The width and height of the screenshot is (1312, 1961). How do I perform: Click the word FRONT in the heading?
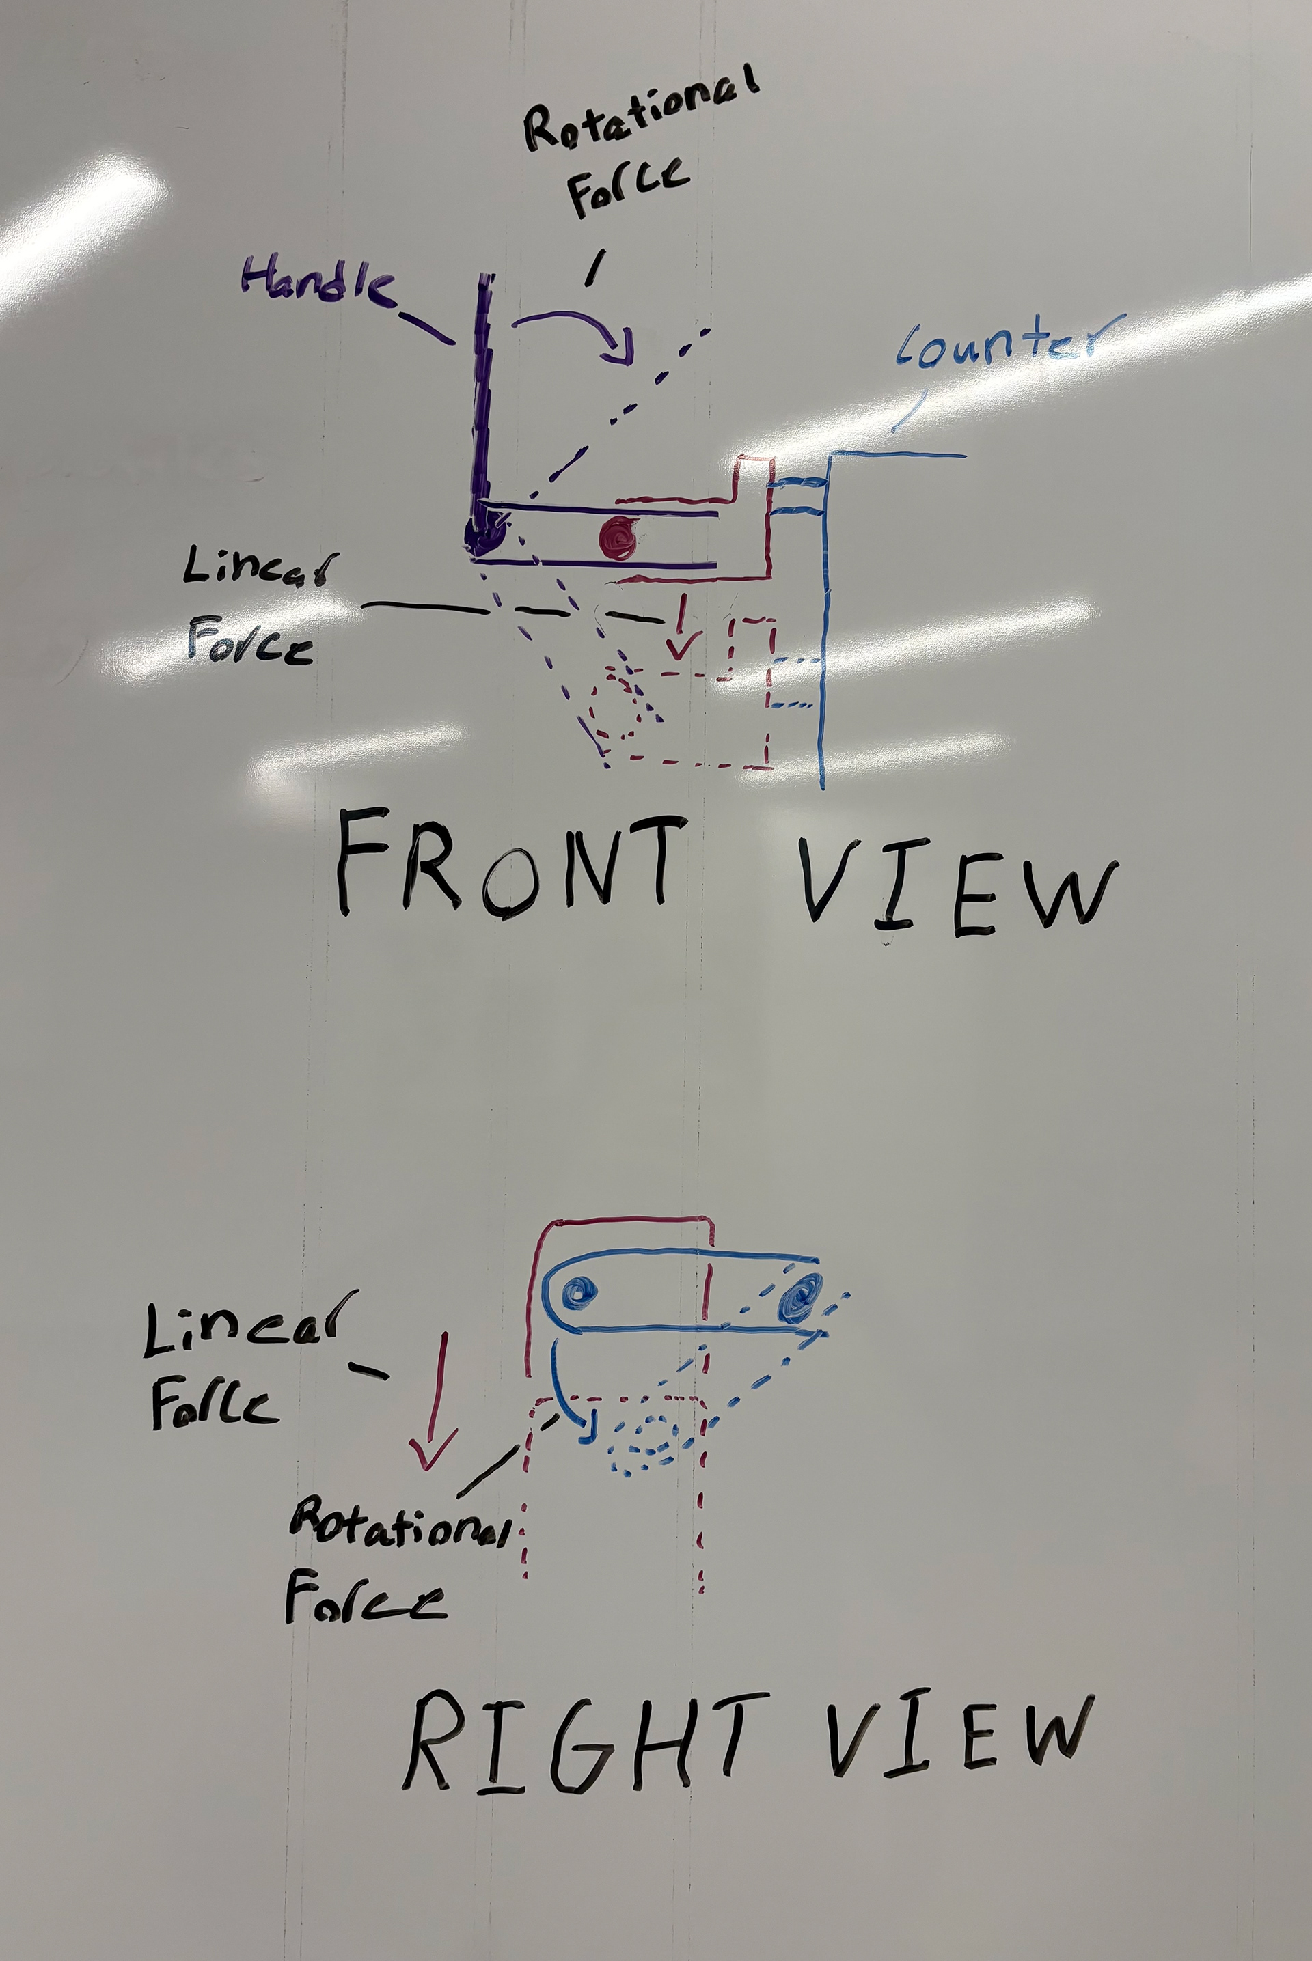[x=506, y=865]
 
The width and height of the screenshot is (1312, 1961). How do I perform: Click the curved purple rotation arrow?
[x=577, y=331]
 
